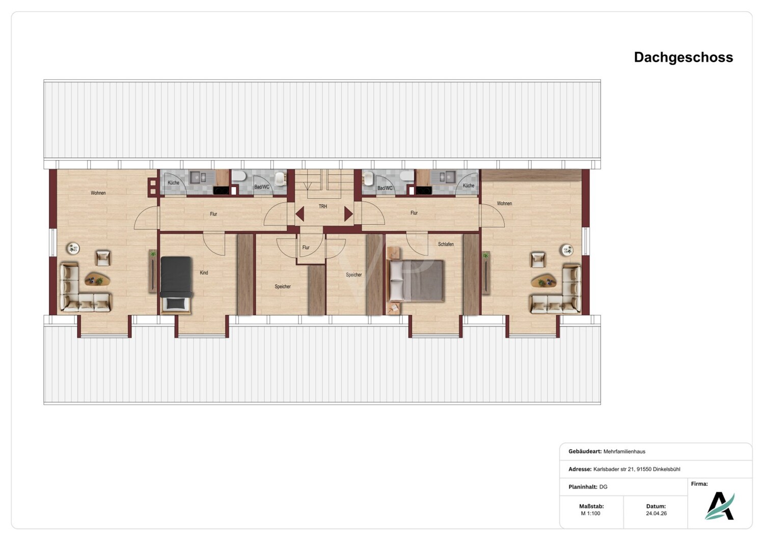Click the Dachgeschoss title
point(683,58)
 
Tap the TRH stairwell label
point(322,206)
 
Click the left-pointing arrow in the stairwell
point(300,214)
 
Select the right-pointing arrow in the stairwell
point(348,214)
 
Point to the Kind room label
point(204,273)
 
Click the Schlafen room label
point(446,244)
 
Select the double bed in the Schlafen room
point(416,281)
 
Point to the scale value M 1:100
point(590,514)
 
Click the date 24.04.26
point(656,514)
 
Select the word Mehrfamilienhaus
point(624,451)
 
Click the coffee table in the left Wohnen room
point(97,279)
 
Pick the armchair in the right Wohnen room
point(538,260)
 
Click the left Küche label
point(173,182)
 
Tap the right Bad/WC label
point(385,188)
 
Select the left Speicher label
point(283,286)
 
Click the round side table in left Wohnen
point(73,248)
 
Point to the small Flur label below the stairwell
point(306,247)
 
